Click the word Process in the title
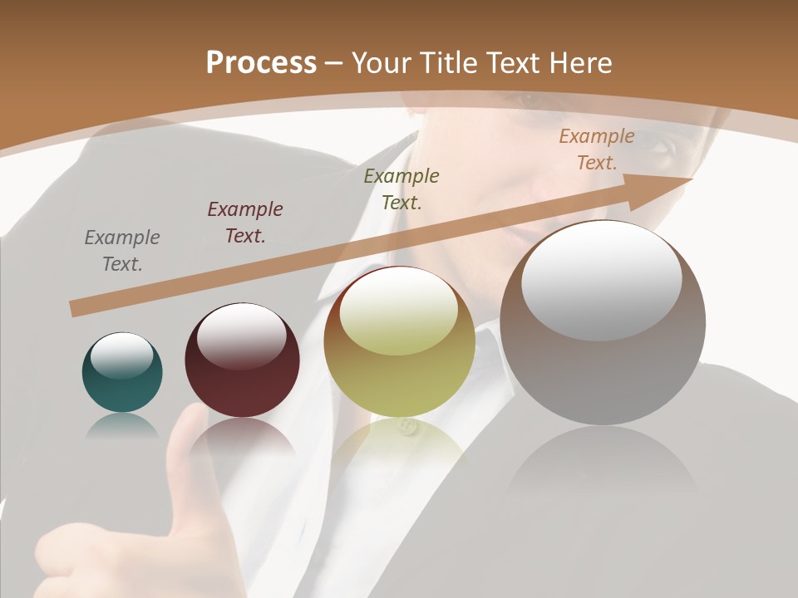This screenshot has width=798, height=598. pyautogui.click(x=261, y=62)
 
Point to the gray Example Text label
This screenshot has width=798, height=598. pyautogui.click(x=122, y=250)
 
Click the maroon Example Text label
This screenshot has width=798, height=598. pyautogui.click(x=245, y=222)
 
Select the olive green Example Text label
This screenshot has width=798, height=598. pyautogui.click(x=401, y=189)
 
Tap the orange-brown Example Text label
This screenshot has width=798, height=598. pyautogui.click(x=597, y=149)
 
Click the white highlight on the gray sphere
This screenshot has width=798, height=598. pyautogui.click(x=602, y=281)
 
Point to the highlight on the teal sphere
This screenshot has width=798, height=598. pyautogui.click(x=121, y=355)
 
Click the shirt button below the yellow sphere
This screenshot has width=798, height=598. pyautogui.click(x=406, y=428)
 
